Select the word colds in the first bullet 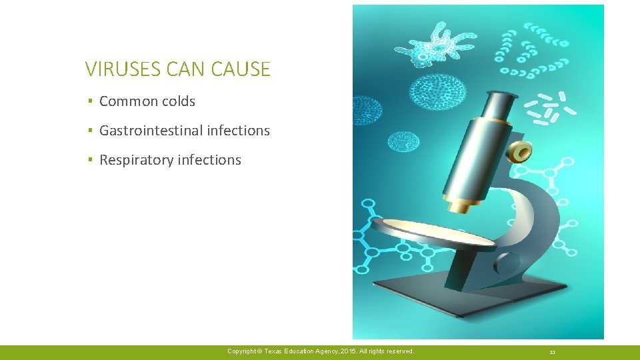[x=178, y=101]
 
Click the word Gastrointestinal [x=151, y=131]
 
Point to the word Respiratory [x=137, y=160]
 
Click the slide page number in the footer [x=553, y=351]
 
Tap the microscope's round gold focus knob [x=521, y=152]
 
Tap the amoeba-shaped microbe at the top [x=437, y=43]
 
